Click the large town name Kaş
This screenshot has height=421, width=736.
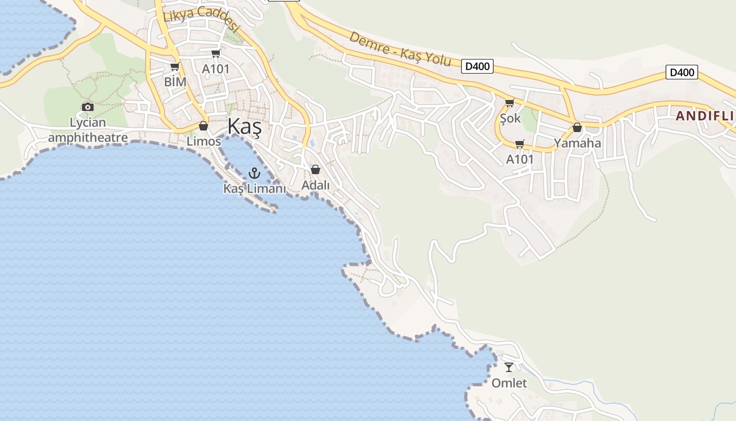point(244,128)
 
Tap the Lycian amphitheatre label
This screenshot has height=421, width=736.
point(88,131)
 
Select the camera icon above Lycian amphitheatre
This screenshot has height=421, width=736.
point(88,107)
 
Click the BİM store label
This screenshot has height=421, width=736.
point(175,82)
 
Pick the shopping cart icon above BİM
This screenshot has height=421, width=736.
point(175,67)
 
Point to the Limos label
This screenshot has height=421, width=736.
point(203,142)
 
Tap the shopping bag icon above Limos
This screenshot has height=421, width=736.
point(203,126)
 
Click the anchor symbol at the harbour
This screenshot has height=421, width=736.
point(254,173)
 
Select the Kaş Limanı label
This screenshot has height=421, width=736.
point(254,188)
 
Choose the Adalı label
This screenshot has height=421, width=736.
point(315,185)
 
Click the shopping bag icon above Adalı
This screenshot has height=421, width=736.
point(315,169)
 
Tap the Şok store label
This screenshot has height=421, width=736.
point(510,118)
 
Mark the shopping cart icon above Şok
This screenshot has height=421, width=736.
point(509,103)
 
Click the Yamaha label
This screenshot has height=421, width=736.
point(577,143)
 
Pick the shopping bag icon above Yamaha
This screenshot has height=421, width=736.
point(577,127)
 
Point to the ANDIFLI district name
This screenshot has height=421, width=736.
point(704,116)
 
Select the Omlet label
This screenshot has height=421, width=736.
point(509,383)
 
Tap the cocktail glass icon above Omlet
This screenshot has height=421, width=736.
point(509,367)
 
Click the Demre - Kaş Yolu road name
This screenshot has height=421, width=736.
point(400,49)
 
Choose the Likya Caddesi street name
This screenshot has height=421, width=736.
point(201,19)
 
